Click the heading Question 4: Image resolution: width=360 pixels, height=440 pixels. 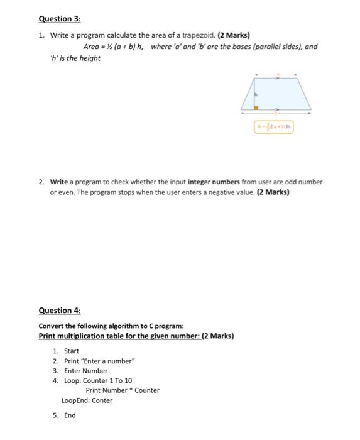(60, 310)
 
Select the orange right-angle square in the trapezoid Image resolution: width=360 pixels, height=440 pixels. (256, 108)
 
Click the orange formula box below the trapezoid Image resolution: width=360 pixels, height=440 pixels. (274, 127)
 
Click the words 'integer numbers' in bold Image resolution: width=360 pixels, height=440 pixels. (214, 182)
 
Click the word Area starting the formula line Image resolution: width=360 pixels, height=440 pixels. (92, 47)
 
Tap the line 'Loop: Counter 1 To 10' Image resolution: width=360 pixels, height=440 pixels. (98, 380)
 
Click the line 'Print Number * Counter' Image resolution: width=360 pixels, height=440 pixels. (123, 390)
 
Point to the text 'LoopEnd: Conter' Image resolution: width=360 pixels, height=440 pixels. (87, 400)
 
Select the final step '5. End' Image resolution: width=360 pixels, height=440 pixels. (65, 415)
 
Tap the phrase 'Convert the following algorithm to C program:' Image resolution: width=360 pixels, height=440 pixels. (111, 326)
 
